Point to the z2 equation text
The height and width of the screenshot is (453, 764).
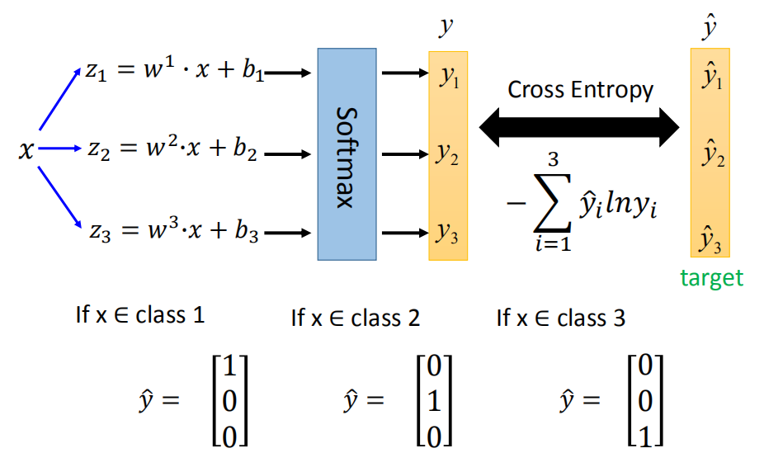coord(173,152)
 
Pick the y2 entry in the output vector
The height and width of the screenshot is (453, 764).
coord(448,153)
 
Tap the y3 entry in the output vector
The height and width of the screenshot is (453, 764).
coord(448,234)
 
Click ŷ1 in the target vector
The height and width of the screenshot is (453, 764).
coord(711,78)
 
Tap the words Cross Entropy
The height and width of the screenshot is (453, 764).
coord(580,89)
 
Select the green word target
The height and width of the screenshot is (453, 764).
coord(711,278)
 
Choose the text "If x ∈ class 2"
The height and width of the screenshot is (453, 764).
coord(356,318)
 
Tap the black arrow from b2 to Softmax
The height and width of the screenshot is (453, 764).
coord(287,153)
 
